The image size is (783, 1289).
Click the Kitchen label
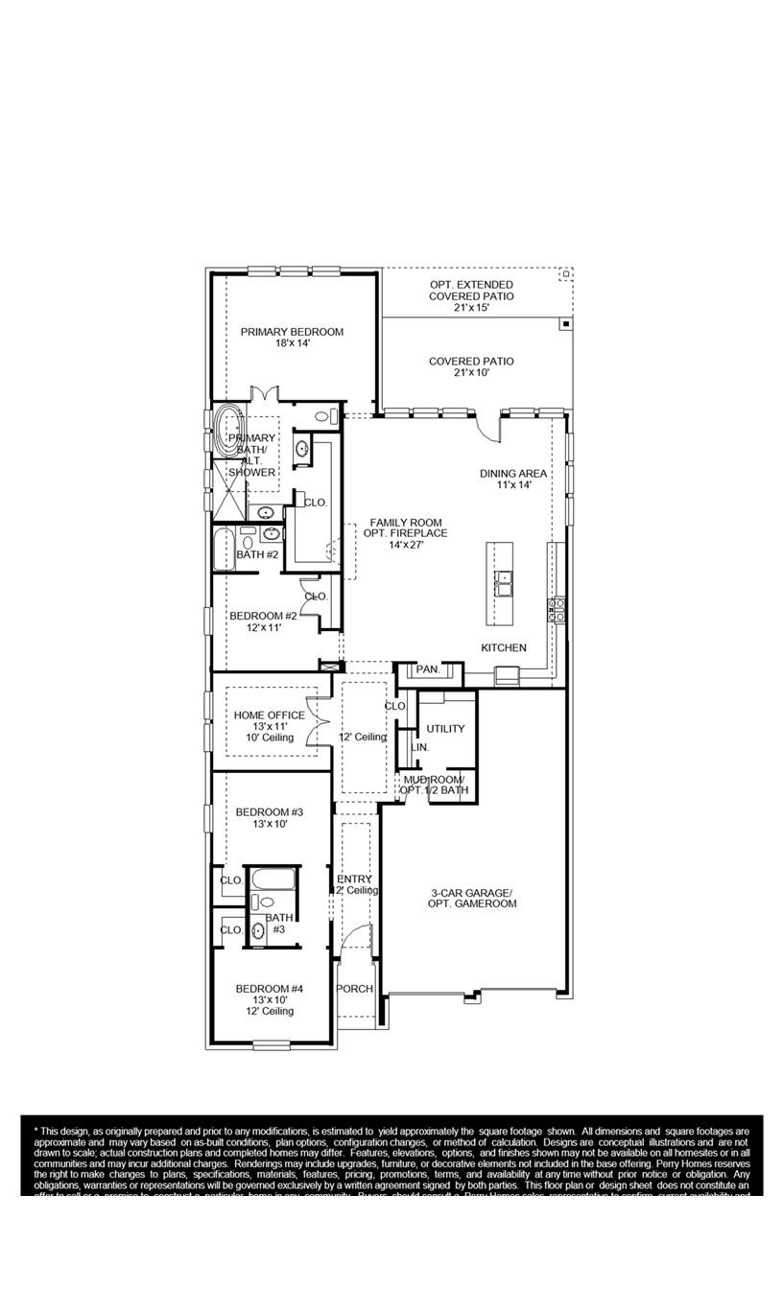pos(504,648)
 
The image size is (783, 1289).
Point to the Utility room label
pos(445,729)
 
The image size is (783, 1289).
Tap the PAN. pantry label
pos(427,669)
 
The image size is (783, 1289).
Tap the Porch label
pos(354,989)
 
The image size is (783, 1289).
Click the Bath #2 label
pos(257,554)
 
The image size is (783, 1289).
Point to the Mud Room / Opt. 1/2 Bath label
pos(434,785)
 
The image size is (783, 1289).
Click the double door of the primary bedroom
pos(264,394)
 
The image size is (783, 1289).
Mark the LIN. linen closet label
pos(419,747)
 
